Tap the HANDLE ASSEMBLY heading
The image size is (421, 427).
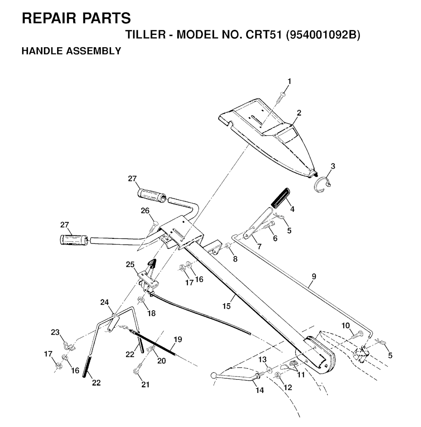point(71,51)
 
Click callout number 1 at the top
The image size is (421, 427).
point(289,82)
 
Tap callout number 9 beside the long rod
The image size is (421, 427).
point(314,277)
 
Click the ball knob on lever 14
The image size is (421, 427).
point(214,375)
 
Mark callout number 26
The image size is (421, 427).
point(145,211)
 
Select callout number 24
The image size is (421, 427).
point(104,302)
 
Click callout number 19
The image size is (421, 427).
point(178,339)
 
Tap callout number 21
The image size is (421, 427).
point(146,385)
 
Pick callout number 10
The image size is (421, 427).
point(346,325)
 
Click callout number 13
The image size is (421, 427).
point(262,360)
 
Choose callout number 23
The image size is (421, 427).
point(55,332)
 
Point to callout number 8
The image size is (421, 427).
point(235,259)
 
